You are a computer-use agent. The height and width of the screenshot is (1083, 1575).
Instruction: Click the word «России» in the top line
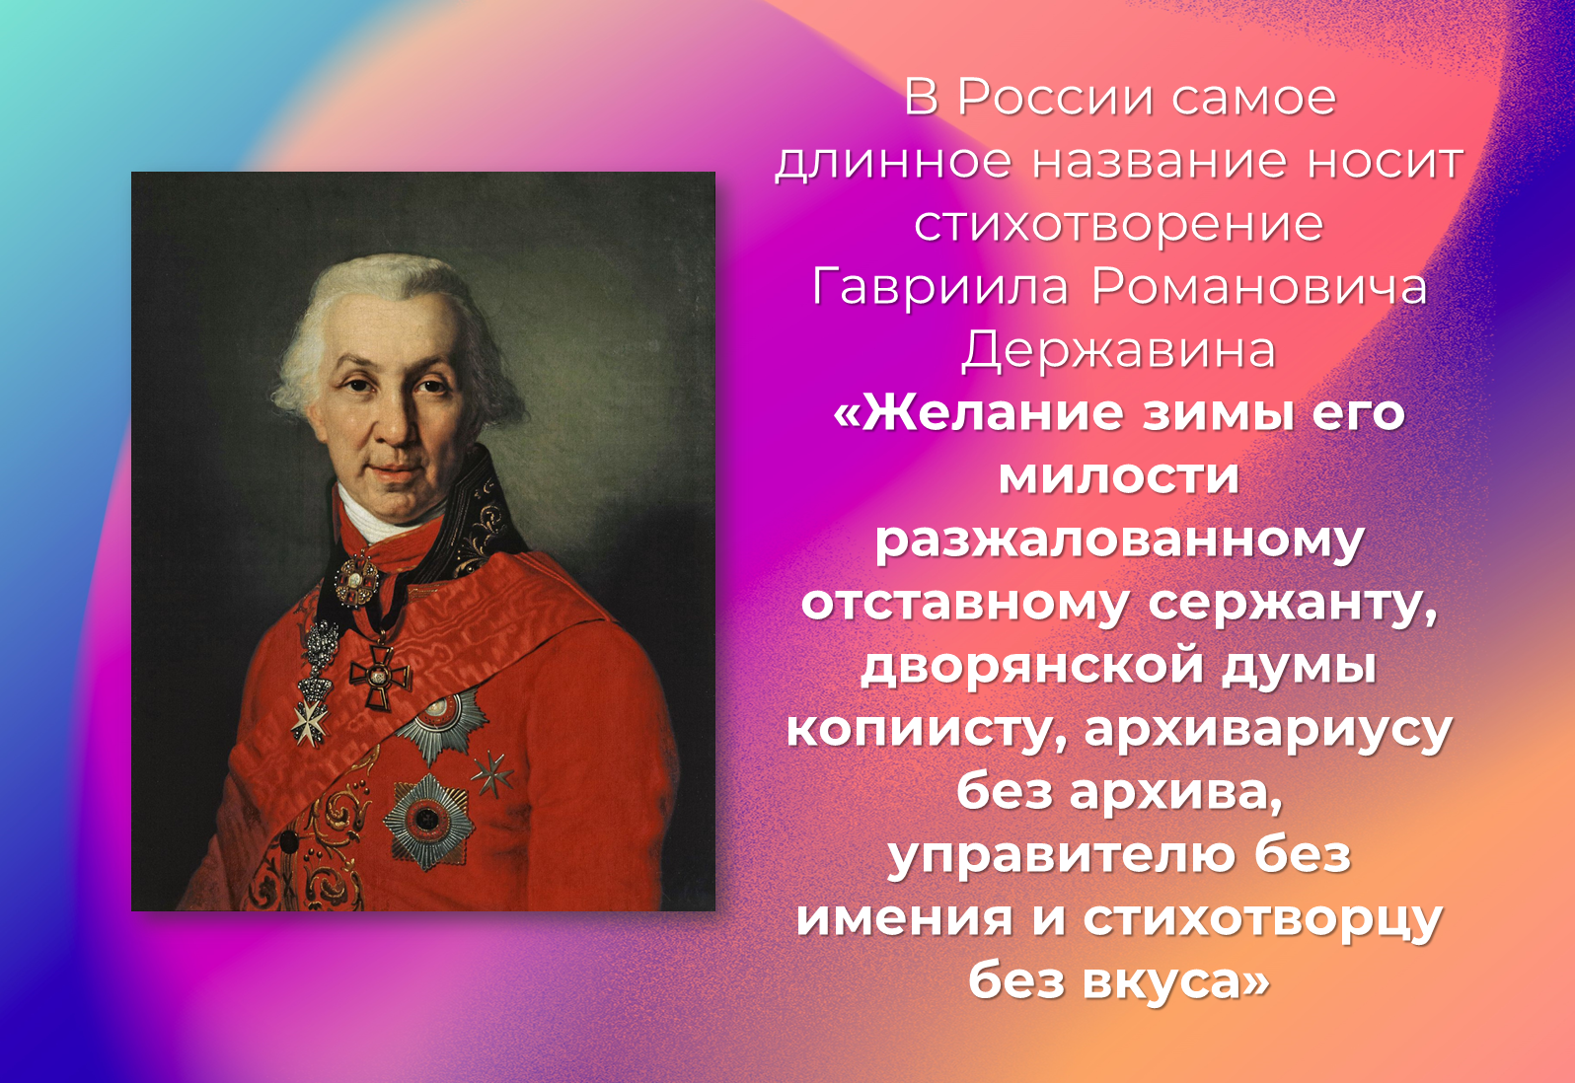pyautogui.click(x=1055, y=98)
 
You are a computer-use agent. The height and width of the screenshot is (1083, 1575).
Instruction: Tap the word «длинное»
pyautogui.click(x=893, y=162)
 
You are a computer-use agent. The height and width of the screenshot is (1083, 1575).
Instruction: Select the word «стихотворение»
pyautogui.click(x=1119, y=225)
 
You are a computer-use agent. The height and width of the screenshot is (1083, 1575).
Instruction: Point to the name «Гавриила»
pyautogui.click(x=940, y=288)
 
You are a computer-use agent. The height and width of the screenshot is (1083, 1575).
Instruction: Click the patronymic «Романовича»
pyautogui.click(x=1259, y=288)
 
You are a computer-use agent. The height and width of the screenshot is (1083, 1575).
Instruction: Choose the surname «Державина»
pyautogui.click(x=1119, y=350)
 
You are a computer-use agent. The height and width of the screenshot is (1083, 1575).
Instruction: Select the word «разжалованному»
pyautogui.click(x=1119, y=541)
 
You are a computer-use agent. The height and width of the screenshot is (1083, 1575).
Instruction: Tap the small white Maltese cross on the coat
pyautogui.click(x=310, y=722)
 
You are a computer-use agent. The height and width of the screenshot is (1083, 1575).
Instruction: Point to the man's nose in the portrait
pyautogui.click(x=394, y=422)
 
